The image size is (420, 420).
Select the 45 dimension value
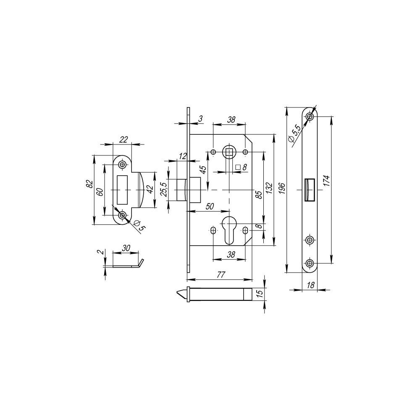pos(203,170)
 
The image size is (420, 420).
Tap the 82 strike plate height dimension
pos(89,184)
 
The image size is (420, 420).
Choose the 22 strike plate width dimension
pos(123,140)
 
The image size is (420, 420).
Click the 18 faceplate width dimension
pos(310,285)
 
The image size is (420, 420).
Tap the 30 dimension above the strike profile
pos(125,248)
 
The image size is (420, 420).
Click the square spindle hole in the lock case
pos(229,151)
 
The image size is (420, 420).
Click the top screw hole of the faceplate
pos(310,116)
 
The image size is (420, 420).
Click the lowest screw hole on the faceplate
pos(310,263)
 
